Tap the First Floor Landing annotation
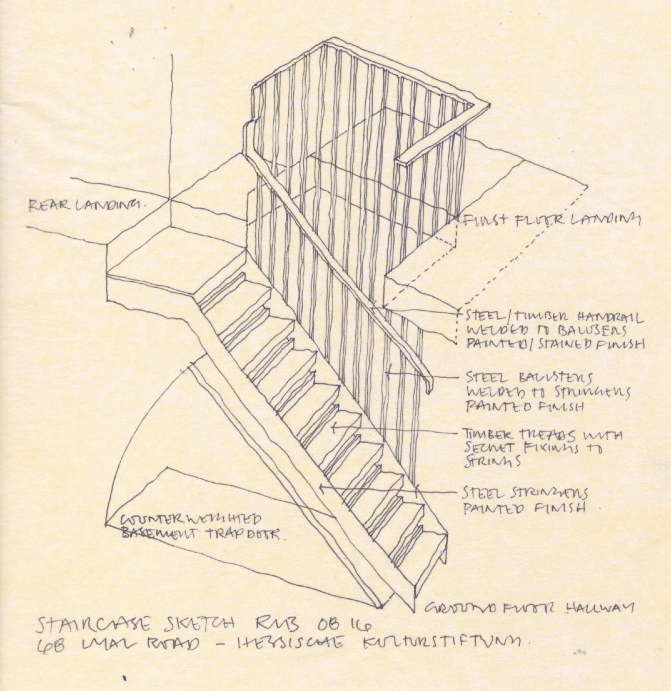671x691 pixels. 550,220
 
